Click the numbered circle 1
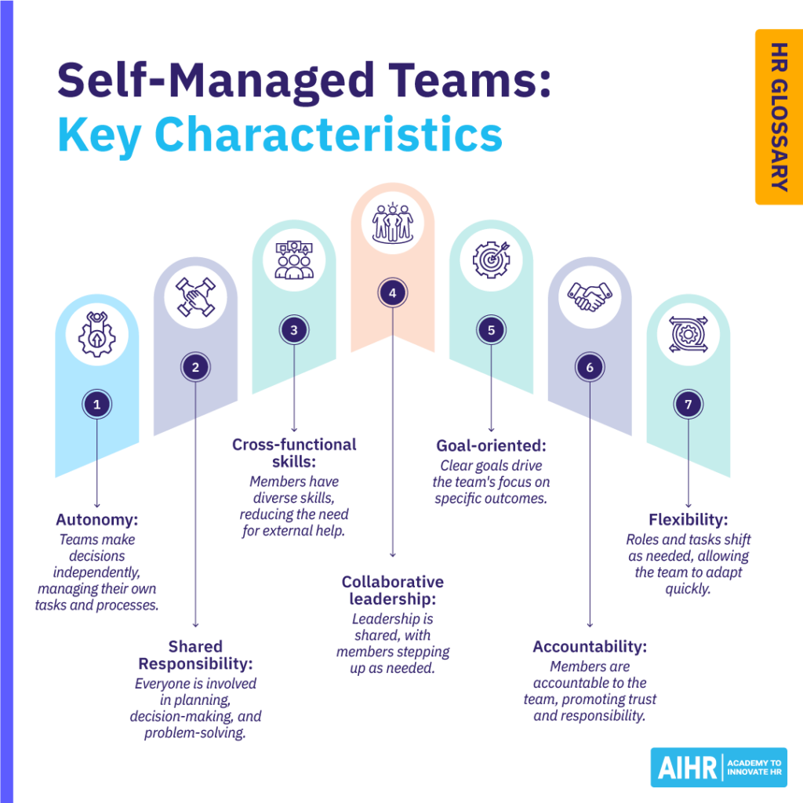pos(96,404)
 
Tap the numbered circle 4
pos(393,293)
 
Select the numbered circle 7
pos(689,404)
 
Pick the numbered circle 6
pos(590,367)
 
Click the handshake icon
pos(590,296)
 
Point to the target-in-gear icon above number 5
pos(492,260)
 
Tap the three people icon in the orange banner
pos(393,223)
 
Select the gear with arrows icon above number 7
pos(689,334)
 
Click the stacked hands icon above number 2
pos(195,297)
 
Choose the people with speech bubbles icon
pos(294,260)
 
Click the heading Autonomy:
pos(96,520)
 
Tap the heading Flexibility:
pos(689,520)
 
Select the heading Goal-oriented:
pos(492,445)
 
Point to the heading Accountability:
pos(590,647)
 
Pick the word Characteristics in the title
pos(329,134)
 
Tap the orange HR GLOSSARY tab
pos(779,117)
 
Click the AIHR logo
pos(718,767)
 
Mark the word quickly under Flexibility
pos(689,589)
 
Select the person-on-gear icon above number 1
pos(96,334)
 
